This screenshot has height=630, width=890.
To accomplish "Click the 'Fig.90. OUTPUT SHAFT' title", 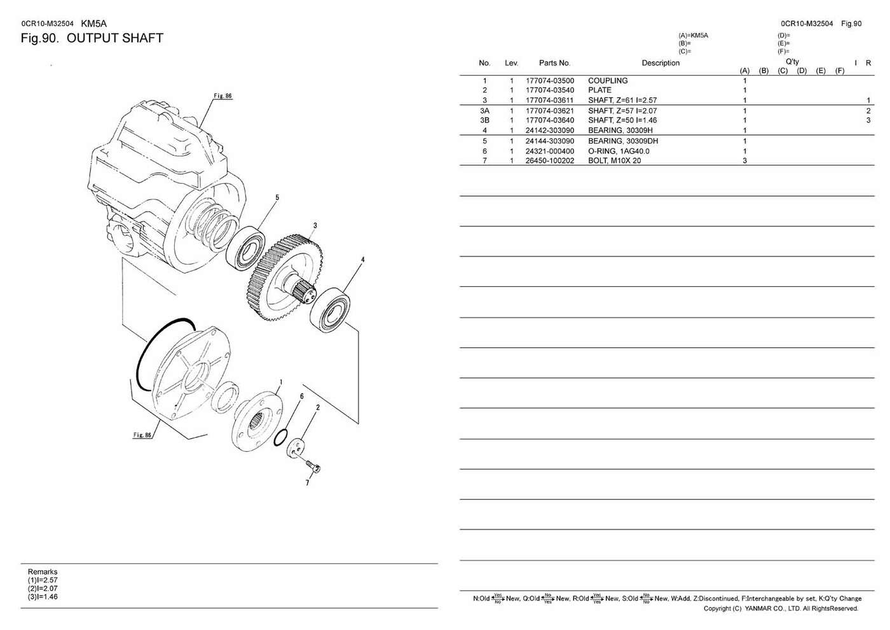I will tap(92, 38).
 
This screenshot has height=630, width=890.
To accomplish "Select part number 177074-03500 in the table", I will tap(549, 81).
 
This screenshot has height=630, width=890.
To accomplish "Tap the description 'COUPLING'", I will tap(607, 81).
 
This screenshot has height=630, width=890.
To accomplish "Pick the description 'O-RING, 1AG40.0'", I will tap(618, 151).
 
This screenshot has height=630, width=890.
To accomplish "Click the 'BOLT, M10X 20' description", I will tap(614, 161).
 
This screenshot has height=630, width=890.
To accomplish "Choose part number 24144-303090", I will tap(549, 141).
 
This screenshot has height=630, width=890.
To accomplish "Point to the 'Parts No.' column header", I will tap(554, 63).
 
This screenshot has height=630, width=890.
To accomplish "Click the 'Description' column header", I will tap(660, 63).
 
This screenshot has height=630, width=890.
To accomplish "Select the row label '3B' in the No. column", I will tap(484, 120).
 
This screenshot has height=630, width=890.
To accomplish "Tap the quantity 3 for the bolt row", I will tap(744, 161).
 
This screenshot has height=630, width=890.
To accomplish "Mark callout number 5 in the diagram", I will tap(277, 198).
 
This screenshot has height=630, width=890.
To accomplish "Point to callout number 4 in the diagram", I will tap(362, 260).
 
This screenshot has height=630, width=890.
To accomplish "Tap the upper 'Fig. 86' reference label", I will tap(222, 96).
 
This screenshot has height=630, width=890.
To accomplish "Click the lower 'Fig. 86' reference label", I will tap(142, 435).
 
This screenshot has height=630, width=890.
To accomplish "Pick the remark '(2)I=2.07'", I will tap(43, 589).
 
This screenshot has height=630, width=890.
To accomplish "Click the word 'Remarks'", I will tap(43, 572).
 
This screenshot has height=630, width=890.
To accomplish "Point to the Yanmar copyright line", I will tap(780, 609).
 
